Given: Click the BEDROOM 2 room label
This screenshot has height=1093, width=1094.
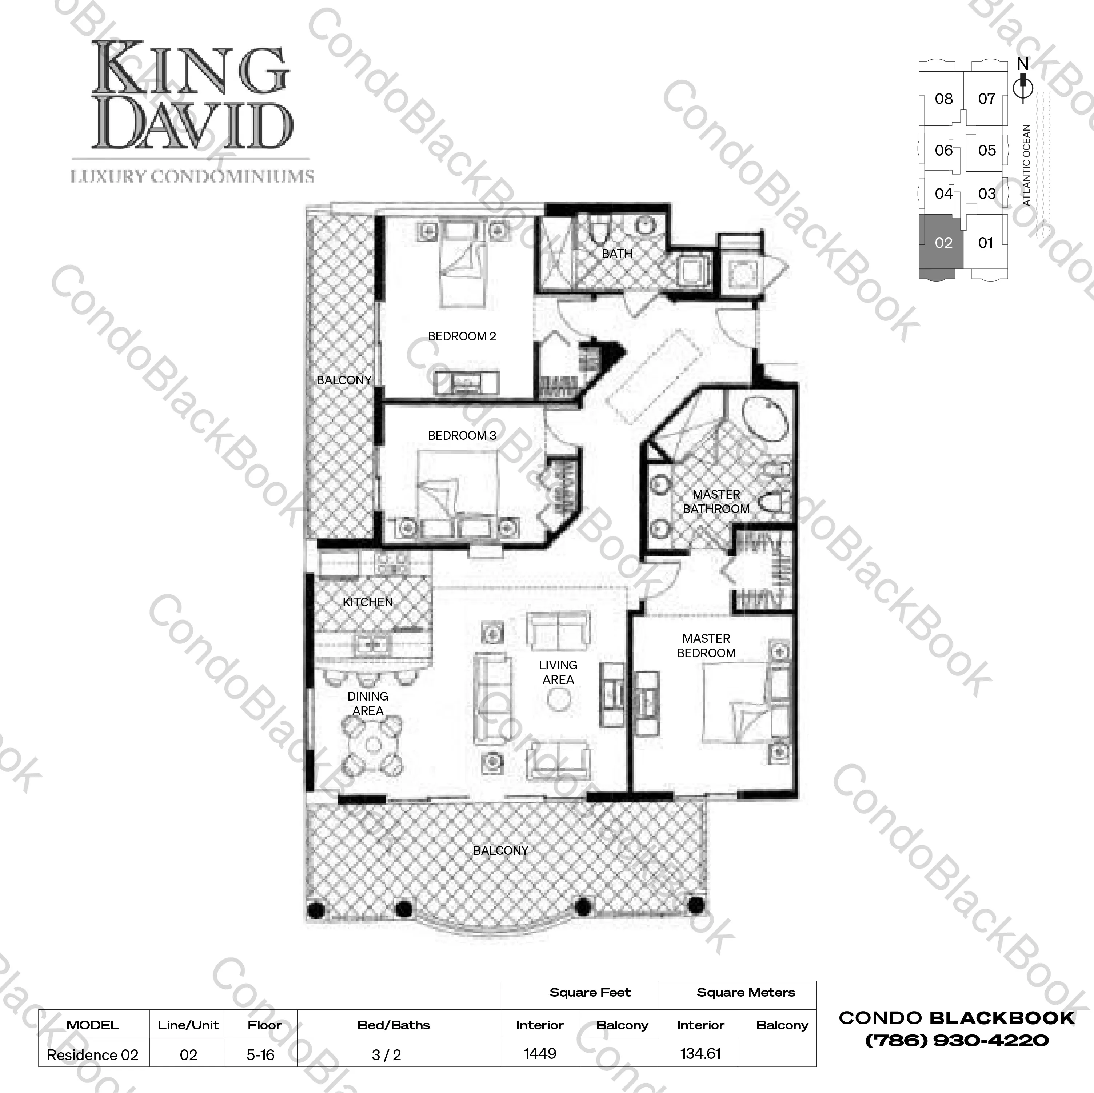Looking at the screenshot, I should click(462, 336).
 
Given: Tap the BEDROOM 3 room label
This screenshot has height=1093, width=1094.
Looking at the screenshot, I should click(462, 435).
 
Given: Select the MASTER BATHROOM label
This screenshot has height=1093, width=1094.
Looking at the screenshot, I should click(716, 502).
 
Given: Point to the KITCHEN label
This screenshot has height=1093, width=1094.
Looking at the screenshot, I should click(367, 602).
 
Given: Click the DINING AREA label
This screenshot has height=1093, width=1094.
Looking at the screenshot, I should click(367, 703).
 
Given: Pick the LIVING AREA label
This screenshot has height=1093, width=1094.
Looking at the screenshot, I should click(558, 672).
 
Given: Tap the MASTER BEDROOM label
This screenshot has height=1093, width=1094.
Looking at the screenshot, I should click(706, 646).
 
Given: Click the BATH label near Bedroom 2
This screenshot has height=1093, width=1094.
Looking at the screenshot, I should click(617, 254).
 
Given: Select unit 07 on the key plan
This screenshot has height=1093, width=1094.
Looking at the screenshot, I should click(986, 99).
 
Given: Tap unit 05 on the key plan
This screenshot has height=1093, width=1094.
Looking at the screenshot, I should click(986, 151).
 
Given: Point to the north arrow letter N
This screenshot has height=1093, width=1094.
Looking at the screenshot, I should click(1023, 64).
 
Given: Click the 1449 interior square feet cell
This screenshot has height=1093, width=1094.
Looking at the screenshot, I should click(540, 1053).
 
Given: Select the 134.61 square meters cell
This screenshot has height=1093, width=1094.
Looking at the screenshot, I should click(700, 1053).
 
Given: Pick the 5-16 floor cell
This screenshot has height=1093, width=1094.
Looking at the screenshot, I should click(260, 1054).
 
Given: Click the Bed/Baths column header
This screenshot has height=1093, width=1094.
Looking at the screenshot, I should click(394, 1025).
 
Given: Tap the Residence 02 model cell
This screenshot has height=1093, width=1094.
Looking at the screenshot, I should click(93, 1054).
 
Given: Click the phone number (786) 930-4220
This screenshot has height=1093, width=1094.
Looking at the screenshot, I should click(957, 1040).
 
